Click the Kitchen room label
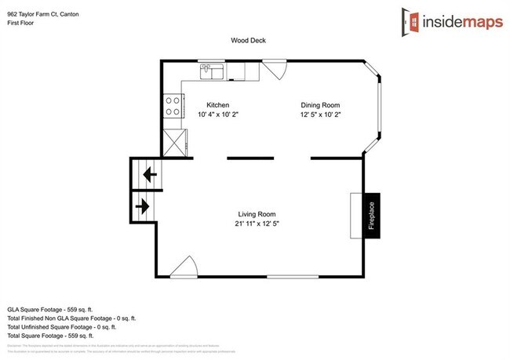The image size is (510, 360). click(217, 104)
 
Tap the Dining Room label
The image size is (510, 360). click(320, 104)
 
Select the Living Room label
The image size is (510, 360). click(257, 213)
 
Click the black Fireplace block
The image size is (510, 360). click(371, 215)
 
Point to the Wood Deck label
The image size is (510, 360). click(247, 40)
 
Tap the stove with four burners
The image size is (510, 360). click(173, 106)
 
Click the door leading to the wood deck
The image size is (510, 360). click(273, 70)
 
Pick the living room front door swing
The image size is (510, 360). click(184, 268)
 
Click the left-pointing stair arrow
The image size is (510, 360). click(149, 173)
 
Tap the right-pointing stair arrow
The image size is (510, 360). click(144, 207)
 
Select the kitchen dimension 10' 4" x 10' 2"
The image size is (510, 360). click(217, 115)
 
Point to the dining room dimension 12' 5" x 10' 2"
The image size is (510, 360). click(320, 115)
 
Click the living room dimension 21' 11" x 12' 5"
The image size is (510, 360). click(257, 224)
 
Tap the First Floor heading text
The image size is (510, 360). click(22, 24)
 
